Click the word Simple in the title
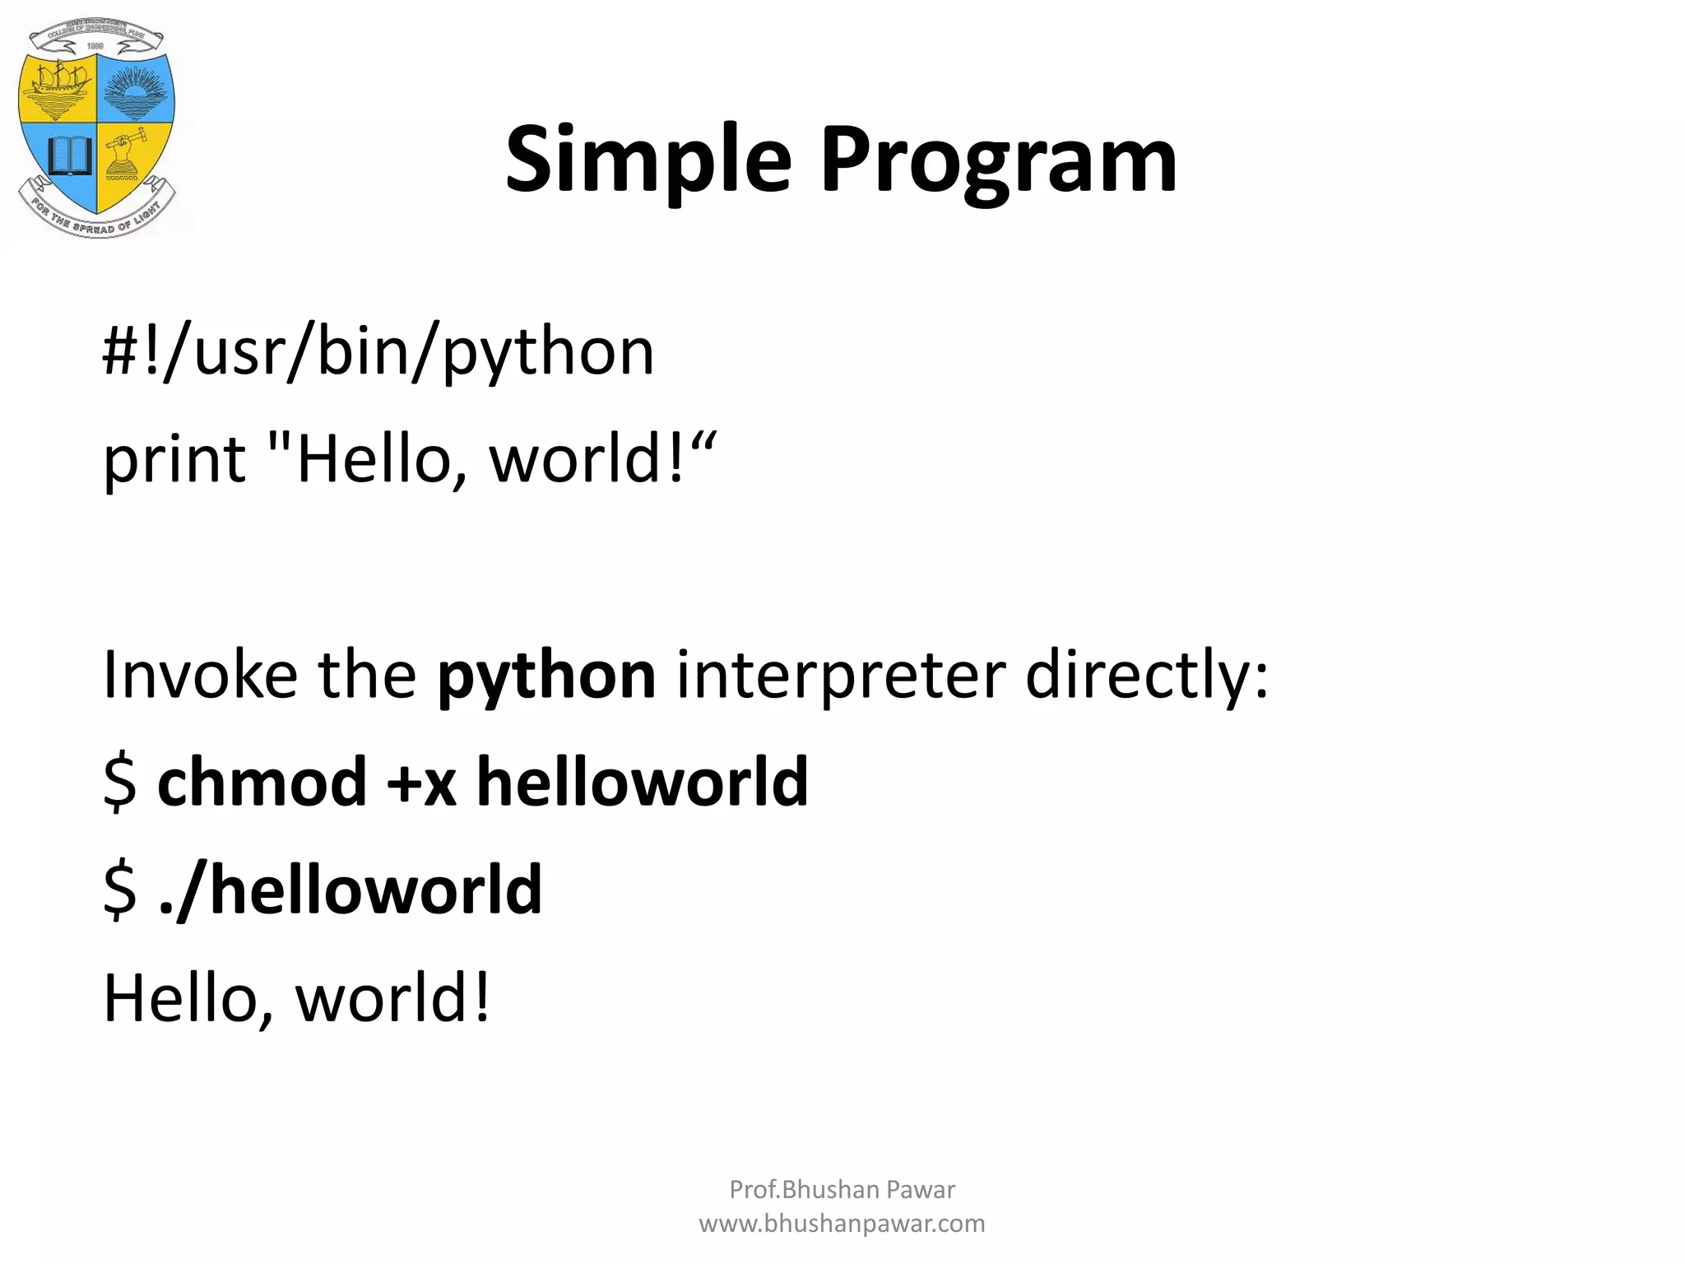coord(648,160)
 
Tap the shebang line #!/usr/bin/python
coord(378,352)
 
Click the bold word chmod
coord(262,782)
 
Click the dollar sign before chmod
coord(120,783)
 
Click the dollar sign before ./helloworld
coord(120,890)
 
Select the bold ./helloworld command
coord(350,890)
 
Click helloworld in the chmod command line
coord(643,782)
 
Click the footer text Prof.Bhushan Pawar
coord(842,1189)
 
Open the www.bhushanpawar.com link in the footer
coord(842,1224)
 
